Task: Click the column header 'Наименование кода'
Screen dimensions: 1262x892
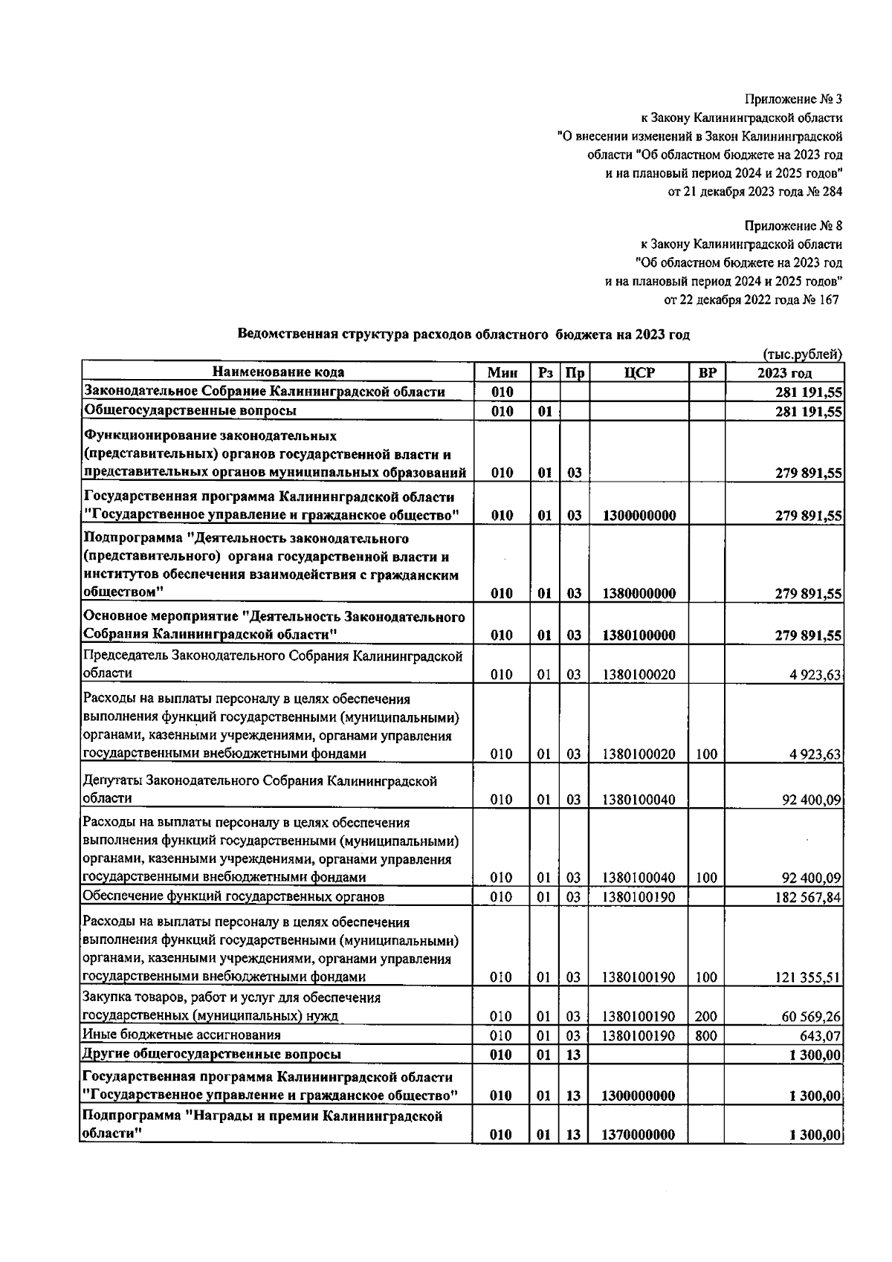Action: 278,372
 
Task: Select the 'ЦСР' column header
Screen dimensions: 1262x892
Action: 639,372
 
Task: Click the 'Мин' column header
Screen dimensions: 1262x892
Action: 502,372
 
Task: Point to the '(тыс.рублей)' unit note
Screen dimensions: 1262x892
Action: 802,355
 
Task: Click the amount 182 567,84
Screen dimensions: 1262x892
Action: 808,897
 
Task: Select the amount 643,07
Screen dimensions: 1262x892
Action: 821,1035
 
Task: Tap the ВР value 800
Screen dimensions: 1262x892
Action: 706,1035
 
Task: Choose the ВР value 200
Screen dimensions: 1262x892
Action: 706,1016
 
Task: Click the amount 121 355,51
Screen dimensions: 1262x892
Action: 808,977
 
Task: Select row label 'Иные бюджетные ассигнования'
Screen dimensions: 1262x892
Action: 182,1035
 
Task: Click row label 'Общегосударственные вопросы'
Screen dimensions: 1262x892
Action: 190,410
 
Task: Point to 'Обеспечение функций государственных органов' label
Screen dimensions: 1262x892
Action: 233,897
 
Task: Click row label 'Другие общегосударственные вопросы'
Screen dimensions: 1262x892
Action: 213,1054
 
